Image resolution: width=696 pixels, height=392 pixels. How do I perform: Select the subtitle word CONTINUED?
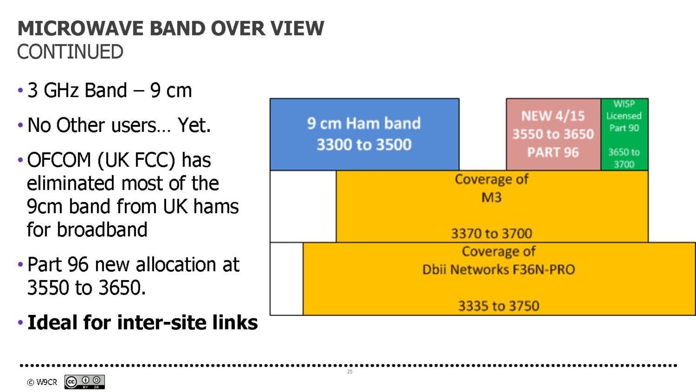coord(70,52)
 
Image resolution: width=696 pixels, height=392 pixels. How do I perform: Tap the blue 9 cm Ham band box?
coord(365,135)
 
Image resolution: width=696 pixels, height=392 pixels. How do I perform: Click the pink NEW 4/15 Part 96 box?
coord(553,135)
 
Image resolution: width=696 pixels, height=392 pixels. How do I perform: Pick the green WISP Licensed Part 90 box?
coord(625,135)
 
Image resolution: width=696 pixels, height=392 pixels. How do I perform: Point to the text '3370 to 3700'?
coord(492,233)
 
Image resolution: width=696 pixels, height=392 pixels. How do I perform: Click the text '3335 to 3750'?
coord(499,306)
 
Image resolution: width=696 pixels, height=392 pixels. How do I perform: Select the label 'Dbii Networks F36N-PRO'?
coord(499,270)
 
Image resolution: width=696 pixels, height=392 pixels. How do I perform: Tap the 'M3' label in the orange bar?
coord(492,198)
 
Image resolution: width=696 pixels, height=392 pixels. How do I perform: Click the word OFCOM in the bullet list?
coord(59,160)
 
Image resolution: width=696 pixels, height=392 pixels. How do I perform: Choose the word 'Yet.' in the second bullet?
coord(194,125)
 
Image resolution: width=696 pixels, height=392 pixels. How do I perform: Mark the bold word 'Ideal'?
coord(53,322)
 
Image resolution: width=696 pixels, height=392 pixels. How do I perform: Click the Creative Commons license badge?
coord(84,382)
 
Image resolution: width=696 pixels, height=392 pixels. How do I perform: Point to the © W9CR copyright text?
coord(42,382)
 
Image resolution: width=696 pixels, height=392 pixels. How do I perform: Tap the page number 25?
coord(350,372)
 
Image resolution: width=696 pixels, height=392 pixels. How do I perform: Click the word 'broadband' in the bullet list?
coord(103,230)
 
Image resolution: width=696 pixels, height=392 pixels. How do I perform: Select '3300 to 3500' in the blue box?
coord(364,145)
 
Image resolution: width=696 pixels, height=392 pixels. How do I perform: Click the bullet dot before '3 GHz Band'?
coord(20,91)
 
